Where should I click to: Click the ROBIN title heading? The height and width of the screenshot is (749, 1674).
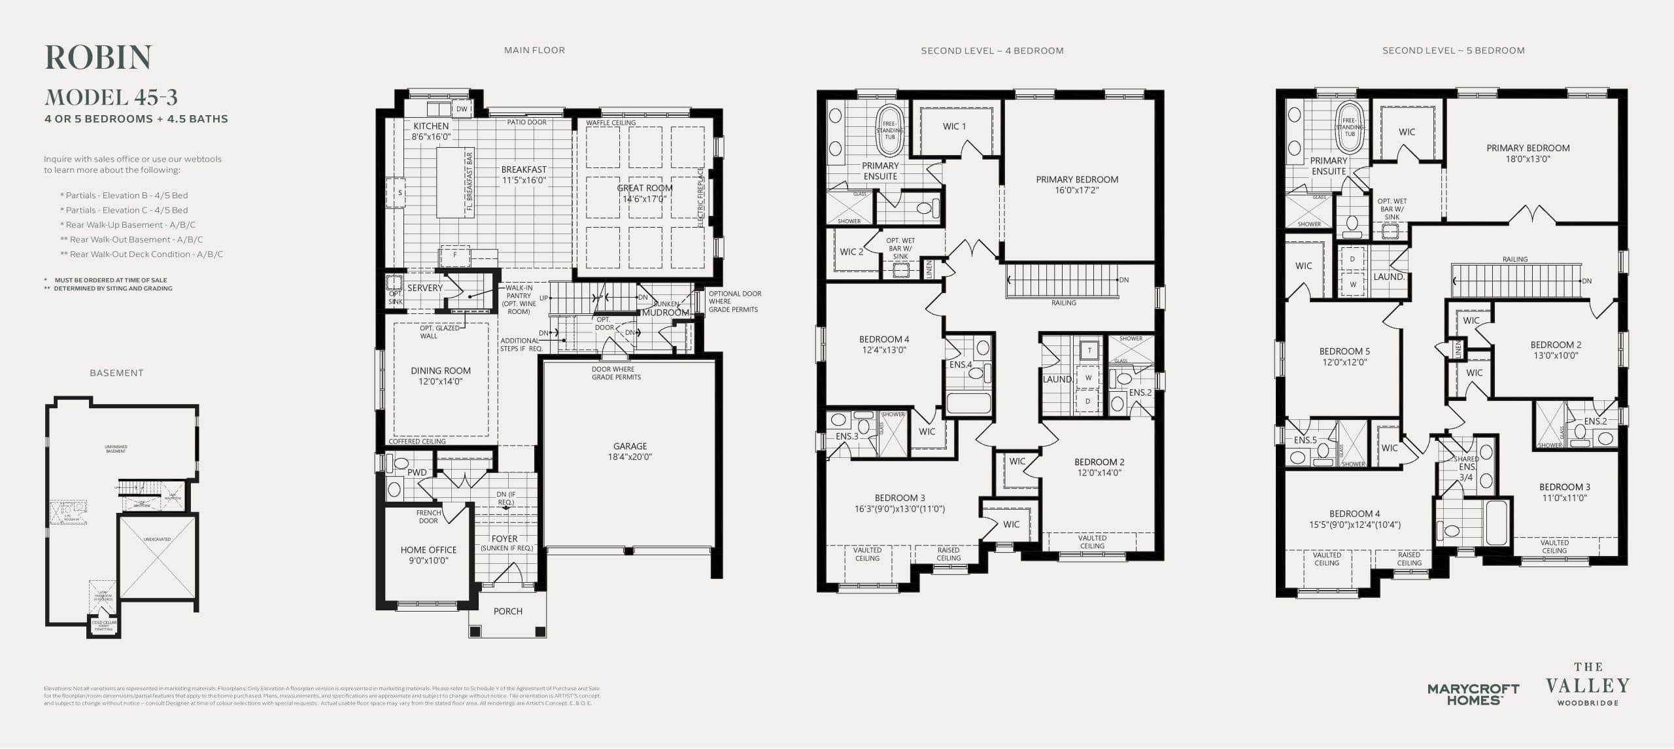click(98, 58)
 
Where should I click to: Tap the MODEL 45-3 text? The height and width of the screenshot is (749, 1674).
click(111, 97)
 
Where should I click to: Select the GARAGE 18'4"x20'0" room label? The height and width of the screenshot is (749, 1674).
click(630, 451)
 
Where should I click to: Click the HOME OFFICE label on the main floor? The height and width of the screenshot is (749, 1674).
click(428, 555)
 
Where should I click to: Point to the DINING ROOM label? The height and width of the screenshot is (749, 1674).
click(440, 375)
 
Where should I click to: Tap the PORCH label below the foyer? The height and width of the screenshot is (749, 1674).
click(507, 611)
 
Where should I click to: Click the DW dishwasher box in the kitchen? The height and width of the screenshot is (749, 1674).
click(462, 109)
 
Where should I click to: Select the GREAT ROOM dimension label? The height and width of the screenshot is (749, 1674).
click(644, 193)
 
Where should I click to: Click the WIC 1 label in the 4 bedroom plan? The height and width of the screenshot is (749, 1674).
click(953, 126)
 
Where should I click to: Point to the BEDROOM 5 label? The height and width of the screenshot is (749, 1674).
click(1344, 357)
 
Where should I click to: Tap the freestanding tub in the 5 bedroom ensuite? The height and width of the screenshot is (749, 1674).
click(1350, 128)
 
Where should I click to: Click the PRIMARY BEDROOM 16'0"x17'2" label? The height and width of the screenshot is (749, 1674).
click(1076, 184)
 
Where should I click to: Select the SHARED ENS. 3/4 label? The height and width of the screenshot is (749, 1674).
click(1466, 468)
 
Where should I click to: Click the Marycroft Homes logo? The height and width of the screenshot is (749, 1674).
click(1473, 694)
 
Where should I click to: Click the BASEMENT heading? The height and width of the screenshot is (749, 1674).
click(116, 373)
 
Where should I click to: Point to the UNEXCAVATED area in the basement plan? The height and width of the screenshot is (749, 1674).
click(157, 556)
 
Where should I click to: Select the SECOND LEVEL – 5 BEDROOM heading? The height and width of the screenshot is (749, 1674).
click(1453, 50)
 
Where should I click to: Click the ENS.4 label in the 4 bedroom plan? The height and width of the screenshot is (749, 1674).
click(960, 364)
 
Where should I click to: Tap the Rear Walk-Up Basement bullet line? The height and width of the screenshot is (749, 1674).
click(128, 224)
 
